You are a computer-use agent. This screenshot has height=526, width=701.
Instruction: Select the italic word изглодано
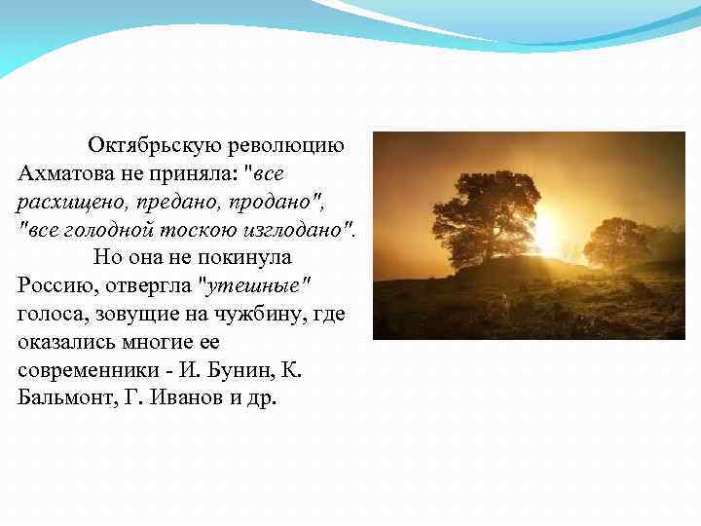(x=302, y=230)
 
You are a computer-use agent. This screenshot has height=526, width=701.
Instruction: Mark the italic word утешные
(x=254, y=285)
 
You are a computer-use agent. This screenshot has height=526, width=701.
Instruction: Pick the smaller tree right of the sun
(x=617, y=242)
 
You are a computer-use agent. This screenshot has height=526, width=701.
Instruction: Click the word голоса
(x=48, y=314)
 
